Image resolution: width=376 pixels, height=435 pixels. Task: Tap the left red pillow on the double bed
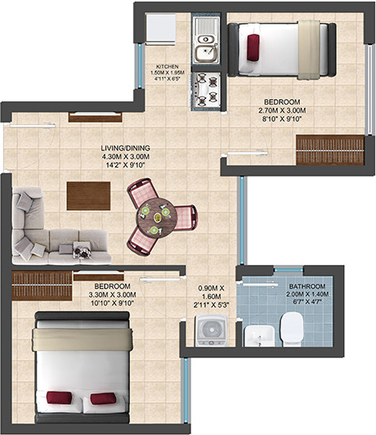coord(59,398)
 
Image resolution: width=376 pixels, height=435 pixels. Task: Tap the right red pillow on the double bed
coord(102,398)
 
